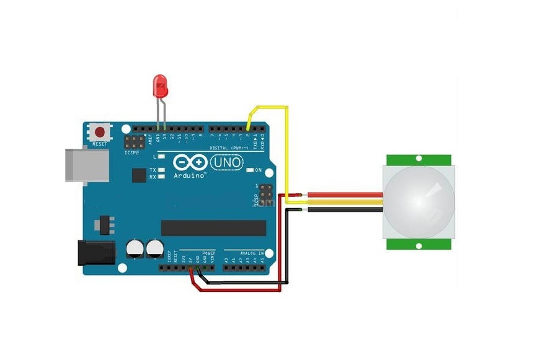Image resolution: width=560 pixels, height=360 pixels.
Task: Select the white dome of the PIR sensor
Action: pos(419,203)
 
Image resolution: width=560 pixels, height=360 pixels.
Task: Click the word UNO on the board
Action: pos(227,162)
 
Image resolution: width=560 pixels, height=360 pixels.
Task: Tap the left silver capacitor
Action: pos(135,250)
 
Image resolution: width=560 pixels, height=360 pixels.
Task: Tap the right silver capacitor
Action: pos(154,250)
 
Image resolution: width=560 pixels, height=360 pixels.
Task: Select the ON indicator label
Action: pos(259,170)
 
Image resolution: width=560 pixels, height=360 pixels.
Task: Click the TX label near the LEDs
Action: pos(153,169)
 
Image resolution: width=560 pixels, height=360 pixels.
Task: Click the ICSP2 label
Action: pos(132,152)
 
